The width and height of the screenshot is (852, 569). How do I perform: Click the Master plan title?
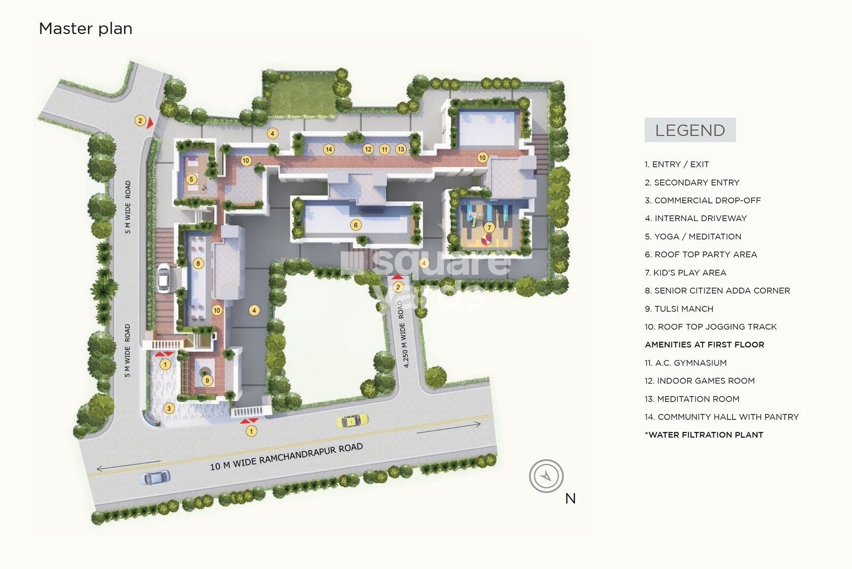[x=86, y=29]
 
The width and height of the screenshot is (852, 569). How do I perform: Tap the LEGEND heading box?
[x=690, y=130]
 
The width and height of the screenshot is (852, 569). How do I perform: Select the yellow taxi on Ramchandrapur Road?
[x=352, y=420]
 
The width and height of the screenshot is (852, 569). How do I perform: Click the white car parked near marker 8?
[x=164, y=278]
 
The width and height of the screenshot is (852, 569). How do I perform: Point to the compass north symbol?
[x=546, y=476]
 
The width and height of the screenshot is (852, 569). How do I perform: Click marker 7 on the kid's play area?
[x=489, y=227]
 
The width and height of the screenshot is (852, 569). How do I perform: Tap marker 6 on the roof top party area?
[x=356, y=225]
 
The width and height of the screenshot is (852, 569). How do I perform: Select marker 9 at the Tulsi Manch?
[x=207, y=380]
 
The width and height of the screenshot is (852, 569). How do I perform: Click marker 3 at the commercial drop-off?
[x=169, y=409]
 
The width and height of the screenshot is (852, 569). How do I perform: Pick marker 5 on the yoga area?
[x=191, y=179]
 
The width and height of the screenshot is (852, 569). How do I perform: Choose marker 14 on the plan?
[x=329, y=150]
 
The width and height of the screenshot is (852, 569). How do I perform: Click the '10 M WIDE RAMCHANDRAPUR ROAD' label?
[x=286, y=457]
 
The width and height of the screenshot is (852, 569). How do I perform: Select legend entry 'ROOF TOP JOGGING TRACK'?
[x=710, y=327]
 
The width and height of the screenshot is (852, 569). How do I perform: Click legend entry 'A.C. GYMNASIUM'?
[x=685, y=363]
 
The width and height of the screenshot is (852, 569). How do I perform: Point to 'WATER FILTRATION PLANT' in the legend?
[x=704, y=435]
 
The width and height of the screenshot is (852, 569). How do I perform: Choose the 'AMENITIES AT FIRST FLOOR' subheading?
[x=704, y=345]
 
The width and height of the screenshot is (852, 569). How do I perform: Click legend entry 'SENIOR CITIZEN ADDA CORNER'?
[x=717, y=291]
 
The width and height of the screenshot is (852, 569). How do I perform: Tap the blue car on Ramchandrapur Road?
[x=155, y=477]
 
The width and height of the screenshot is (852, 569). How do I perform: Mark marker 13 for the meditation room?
[x=400, y=150]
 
